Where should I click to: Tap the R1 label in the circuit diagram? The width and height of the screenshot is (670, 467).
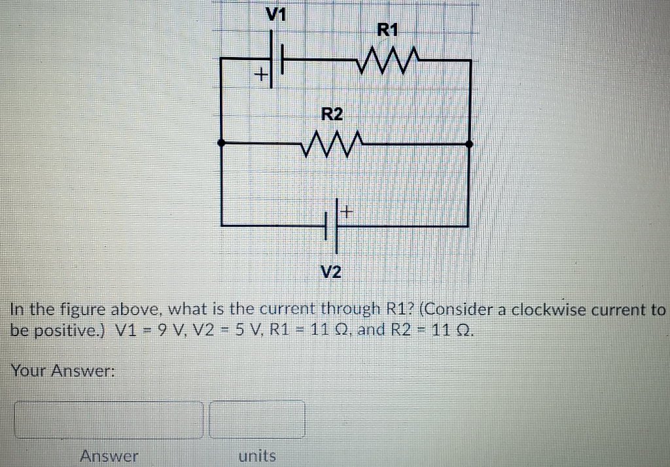[x=387, y=29]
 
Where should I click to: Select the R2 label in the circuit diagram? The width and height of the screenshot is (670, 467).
[x=332, y=115]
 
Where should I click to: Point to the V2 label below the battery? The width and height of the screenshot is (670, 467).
[x=332, y=271]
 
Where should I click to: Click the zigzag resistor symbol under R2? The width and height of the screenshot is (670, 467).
[x=330, y=141]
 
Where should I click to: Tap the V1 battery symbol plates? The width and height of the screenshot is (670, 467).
[x=277, y=60]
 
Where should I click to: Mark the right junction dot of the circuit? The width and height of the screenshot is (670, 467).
[x=469, y=143]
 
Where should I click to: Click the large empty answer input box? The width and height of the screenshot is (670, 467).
[x=109, y=419]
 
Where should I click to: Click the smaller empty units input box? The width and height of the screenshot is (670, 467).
[x=257, y=419]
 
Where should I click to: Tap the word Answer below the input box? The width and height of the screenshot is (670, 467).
[x=109, y=456]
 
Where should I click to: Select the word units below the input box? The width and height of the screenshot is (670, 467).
[x=257, y=456]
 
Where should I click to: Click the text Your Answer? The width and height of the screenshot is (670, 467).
[x=63, y=371]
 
